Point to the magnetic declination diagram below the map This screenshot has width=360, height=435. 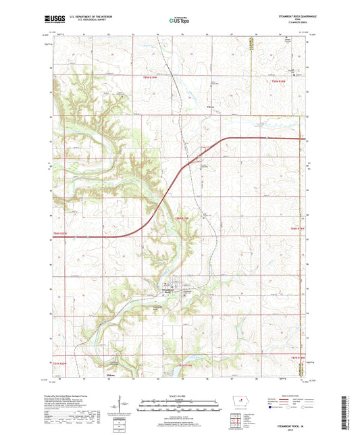pyautogui.click(x=124, y=407)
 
